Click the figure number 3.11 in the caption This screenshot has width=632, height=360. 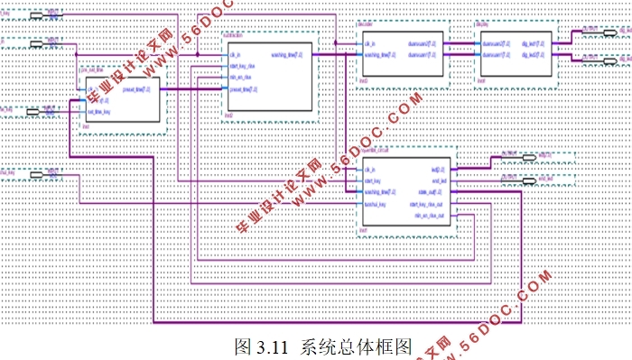pyautogui.click(x=270, y=346)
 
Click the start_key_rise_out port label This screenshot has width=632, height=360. pyautogui.click(x=427, y=204)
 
